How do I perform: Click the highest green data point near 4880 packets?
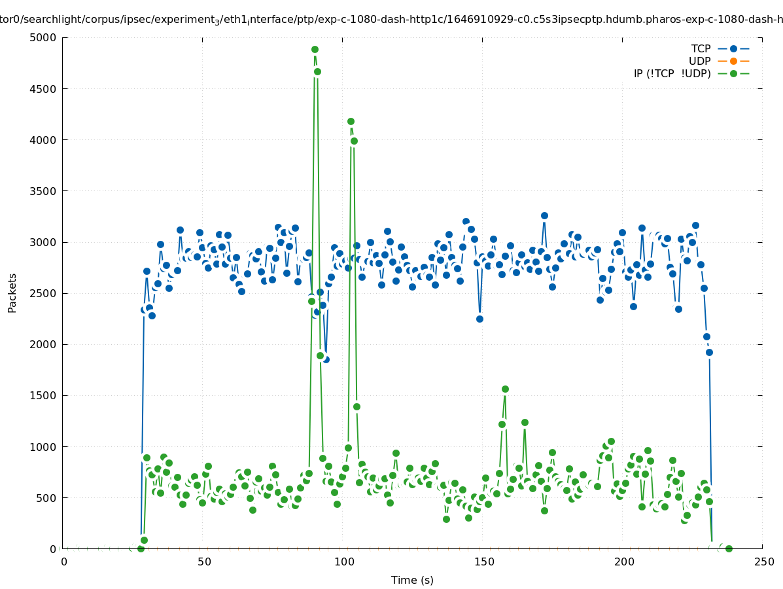pyautogui.click(x=315, y=49)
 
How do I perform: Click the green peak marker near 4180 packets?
pyautogui.click(x=351, y=121)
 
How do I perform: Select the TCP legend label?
pyautogui.click(x=701, y=48)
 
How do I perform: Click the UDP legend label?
pyautogui.click(x=699, y=61)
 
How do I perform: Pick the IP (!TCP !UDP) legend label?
pyautogui.click(x=672, y=73)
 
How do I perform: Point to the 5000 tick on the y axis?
pyautogui.click(x=44, y=37)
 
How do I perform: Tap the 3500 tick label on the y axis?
pyautogui.click(x=44, y=191)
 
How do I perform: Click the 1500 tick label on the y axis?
pyautogui.click(x=44, y=396)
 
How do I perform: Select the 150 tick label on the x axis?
pyautogui.click(x=484, y=562)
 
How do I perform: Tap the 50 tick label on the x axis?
pyautogui.click(x=204, y=562)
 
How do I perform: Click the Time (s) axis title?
pyautogui.click(x=412, y=580)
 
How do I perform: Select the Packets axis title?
pyautogui.click(x=12, y=293)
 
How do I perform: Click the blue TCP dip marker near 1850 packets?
pyautogui.click(x=326, y=359)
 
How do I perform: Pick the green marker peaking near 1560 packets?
pyautogui.click(x=505, y=389)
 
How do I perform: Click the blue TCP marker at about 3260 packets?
pyautogui.click(x=544, y=215)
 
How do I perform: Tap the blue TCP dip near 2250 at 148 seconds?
pyautogui.click(x=479, y=319)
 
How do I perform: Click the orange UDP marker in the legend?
pyautogui.click(x=733, y=61)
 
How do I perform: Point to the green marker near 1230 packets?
pyautogui.click(x=525, y=422)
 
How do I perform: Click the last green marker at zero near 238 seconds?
pyautogui.click(x=729, y=548)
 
